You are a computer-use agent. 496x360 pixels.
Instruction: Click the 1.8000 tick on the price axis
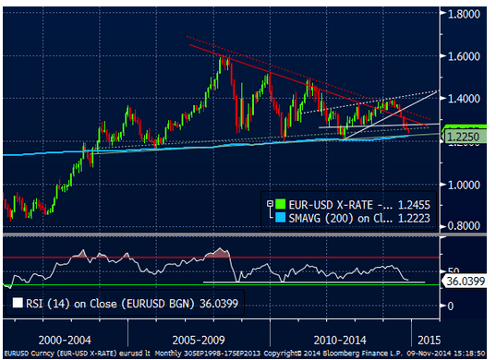click(467, 14)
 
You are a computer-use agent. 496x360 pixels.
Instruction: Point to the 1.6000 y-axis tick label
click(467, 56)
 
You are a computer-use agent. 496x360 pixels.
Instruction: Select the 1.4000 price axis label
click(467, 99)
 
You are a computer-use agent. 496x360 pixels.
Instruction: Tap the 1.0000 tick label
click(467, 185)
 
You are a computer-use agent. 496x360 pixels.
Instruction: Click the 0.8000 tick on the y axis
click(467, 226)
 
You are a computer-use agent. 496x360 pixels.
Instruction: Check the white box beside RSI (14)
click(16, 300)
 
